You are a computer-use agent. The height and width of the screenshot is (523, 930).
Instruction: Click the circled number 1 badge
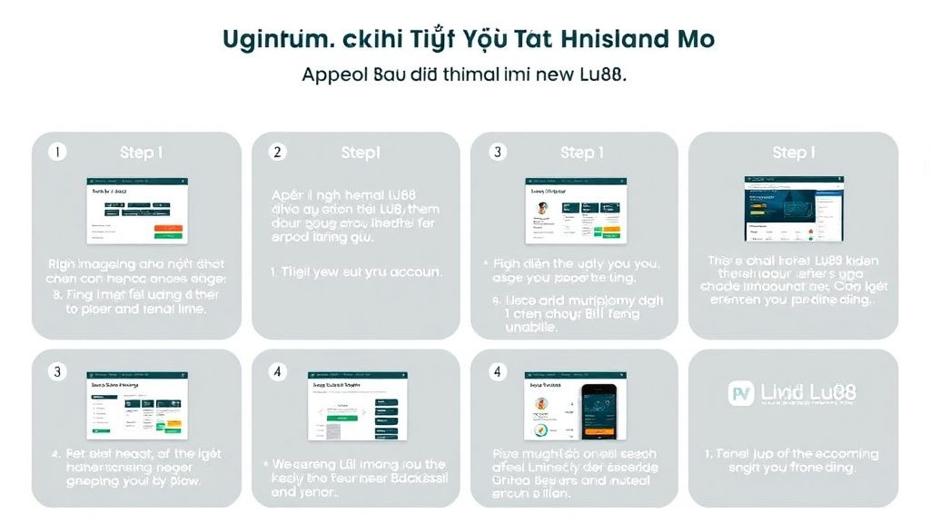57,153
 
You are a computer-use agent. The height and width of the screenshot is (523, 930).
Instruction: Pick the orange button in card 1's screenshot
167,227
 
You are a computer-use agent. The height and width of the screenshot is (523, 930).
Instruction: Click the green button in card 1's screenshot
167,236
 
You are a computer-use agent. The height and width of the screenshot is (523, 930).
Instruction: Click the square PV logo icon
743,393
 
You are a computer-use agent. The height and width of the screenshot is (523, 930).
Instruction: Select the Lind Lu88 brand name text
807,393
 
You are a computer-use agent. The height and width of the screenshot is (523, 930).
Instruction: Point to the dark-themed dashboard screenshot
793,209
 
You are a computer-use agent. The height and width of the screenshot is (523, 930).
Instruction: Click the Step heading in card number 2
360,153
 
